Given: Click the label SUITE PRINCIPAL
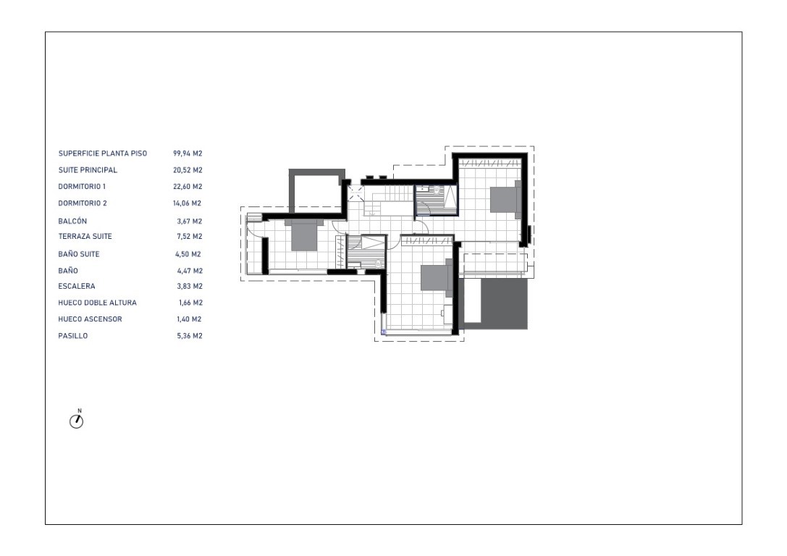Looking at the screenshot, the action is [x=88, y=170].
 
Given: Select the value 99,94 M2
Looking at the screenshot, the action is [x=188, y=153].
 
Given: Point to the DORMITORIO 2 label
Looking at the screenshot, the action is [x=83, y=203].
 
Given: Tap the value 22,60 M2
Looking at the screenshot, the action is [x=188, y=187].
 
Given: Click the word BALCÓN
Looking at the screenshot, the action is [x=72, y=222].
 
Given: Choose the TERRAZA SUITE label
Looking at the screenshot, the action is [x=85, y=236].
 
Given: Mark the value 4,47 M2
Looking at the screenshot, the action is [x=190, y=271].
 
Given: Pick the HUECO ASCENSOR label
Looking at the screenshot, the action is [x=90, y=319].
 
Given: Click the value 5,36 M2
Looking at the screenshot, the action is [x=190, y=336].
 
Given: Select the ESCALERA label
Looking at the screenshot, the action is [x=76, y=287].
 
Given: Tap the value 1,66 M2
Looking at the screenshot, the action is [x=190, y=303].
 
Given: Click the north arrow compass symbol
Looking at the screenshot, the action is [x=76, y=421].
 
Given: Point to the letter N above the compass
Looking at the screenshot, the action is [x=80, y=411].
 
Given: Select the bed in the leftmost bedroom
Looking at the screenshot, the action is [x=303, y=235].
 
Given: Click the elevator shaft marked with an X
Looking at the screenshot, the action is [x=356, y=193].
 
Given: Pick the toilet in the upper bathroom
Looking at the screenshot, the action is [x=436, y=190].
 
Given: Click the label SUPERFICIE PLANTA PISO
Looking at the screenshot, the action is [x=102, y=153].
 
